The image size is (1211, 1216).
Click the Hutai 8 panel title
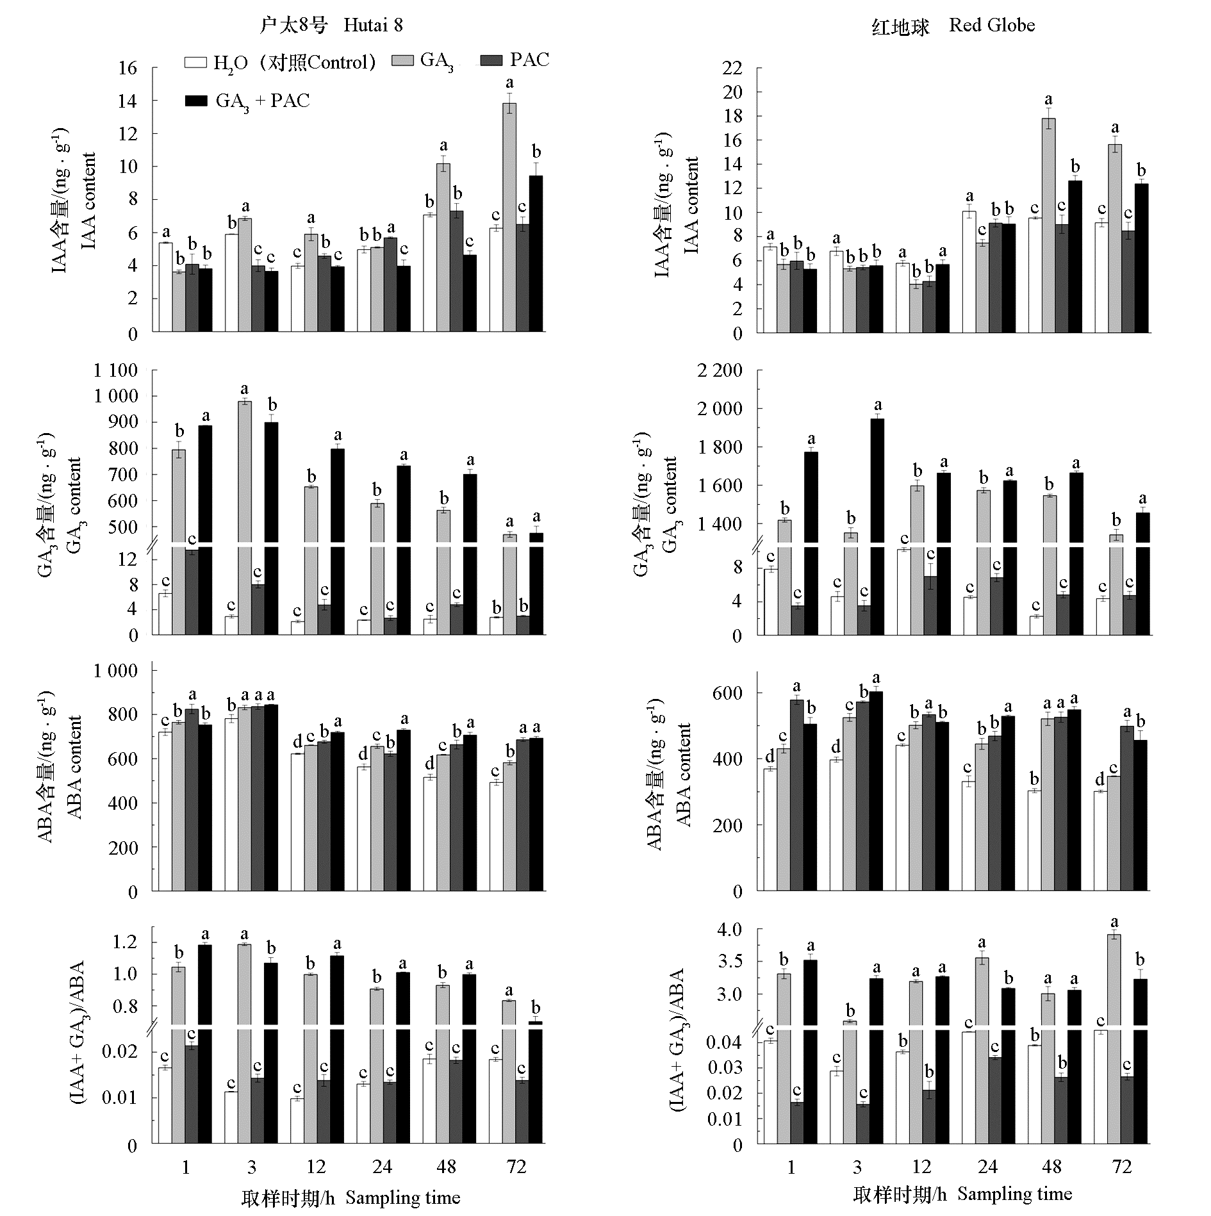[x=331, y=25]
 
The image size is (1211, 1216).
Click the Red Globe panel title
[x=953, y=26]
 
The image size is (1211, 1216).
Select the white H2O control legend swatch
[x=196, y=62]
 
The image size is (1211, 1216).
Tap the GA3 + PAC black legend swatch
[x=196, y=101]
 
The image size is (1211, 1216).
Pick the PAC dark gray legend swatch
[x=491, y=60]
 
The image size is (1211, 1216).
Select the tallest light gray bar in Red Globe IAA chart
[x=1048, y=225]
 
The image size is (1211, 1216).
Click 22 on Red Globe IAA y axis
[x=733, y=68]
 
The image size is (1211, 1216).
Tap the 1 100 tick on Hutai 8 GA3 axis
[x=116, y=370]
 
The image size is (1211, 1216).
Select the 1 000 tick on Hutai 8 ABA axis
[x=116, y=671]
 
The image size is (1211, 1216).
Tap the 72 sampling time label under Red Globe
[x=1123, y=1167]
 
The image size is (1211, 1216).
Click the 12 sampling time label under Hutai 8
[x=316, y=1167]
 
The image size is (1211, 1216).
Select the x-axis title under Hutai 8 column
[x=350, y=1197]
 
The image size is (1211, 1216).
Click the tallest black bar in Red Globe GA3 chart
[x=877, y=525]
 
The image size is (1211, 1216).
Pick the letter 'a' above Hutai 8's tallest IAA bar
[x=509, y=83]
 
